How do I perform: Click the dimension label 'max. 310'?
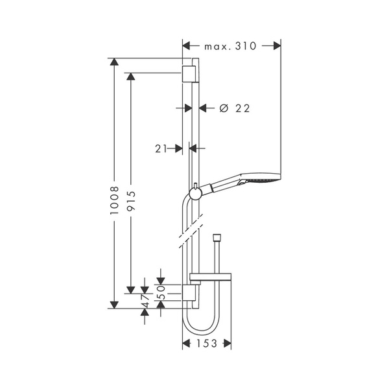tap(231, 46)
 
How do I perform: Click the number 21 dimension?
tap(161, 148)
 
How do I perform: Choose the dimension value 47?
tap(145, 300)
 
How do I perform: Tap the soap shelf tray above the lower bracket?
tap(211, 280)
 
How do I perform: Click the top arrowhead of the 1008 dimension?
tap(114, 63)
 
